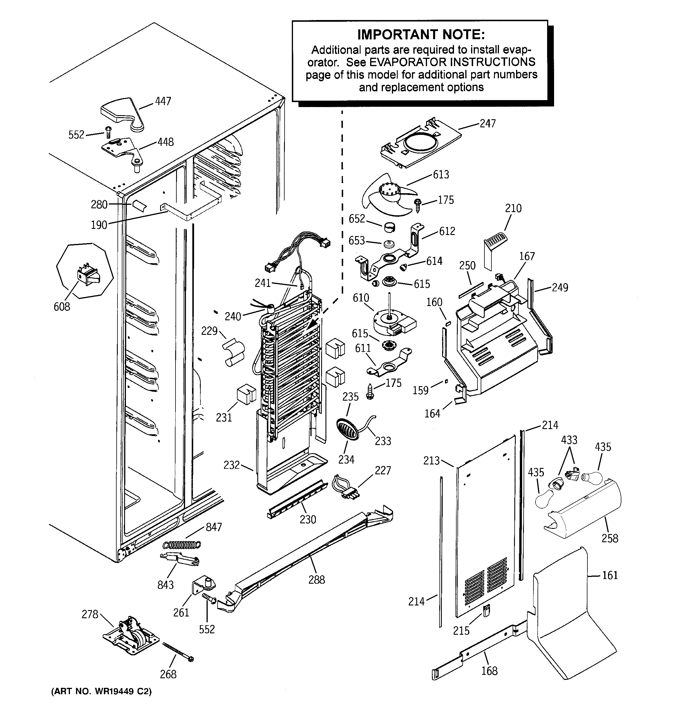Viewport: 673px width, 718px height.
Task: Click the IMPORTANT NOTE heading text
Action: pos(421,35)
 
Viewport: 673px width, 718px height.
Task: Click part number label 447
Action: pos(163,101)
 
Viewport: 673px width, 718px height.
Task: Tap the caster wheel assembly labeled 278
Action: pos(131,640)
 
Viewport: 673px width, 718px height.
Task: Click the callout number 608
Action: pos(62,307)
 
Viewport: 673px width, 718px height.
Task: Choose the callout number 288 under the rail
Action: pos(316,580)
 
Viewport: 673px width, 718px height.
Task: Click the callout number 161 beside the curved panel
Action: pos(610,575)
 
